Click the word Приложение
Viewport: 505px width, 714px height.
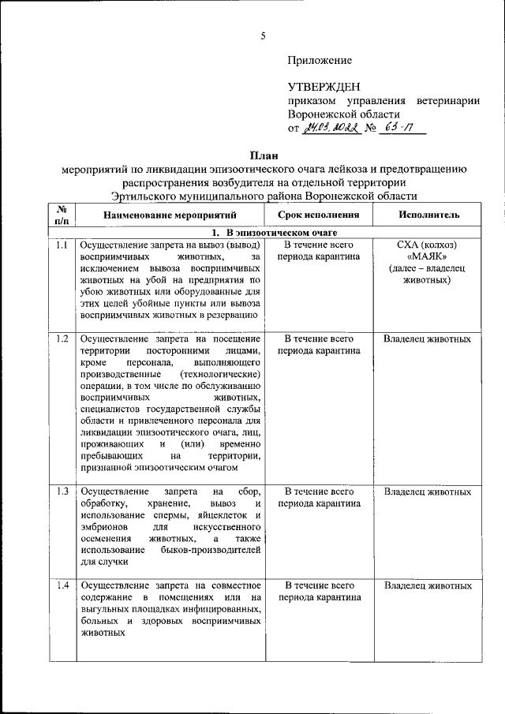tap(320, 60)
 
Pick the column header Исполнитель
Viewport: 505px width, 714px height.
tap(427, 215)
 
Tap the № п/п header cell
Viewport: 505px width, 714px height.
tap(62, 215)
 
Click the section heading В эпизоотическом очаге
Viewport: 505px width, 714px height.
tap(277, 233)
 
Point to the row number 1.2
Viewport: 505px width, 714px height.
tap(62, 339)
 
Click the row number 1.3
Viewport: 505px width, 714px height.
tap(62, 492)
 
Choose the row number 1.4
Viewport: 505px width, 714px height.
tap(62, 586)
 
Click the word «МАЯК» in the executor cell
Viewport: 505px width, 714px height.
tap(427, 257)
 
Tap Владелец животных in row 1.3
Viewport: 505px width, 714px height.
tap(427, 492)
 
